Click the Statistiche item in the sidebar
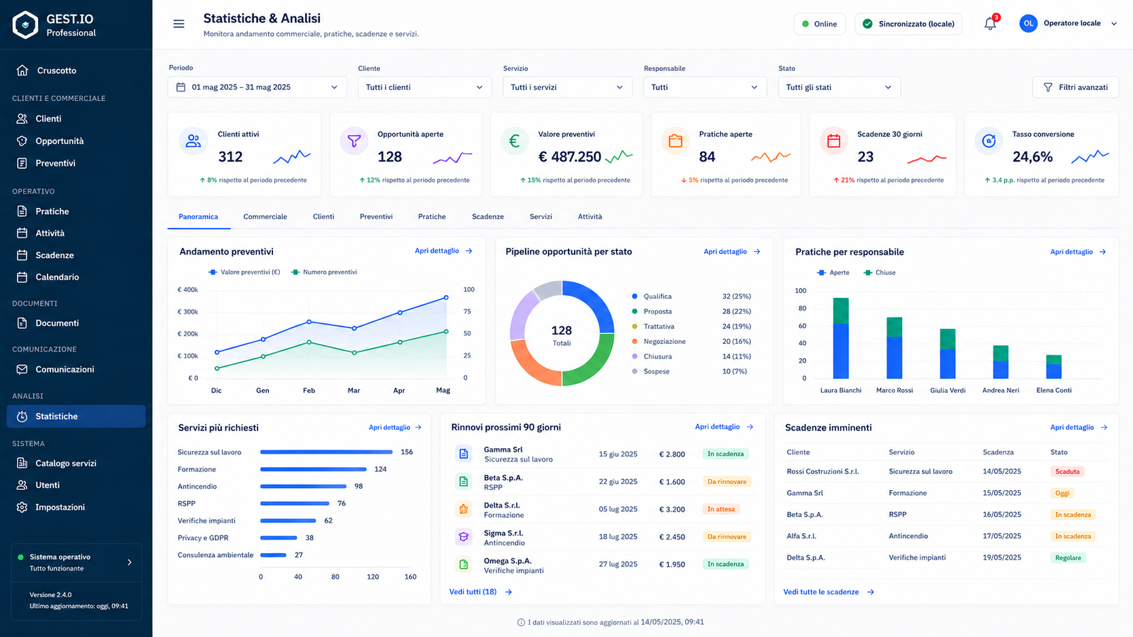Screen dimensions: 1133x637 tap(76, 416)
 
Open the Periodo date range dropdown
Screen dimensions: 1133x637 tap(257, 87)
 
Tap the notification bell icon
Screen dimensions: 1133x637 tap(990, 24)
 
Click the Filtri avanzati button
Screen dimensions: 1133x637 tap(1075, 87)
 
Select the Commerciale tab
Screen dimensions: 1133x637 tap(265, 217)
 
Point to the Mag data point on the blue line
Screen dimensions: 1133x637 tap(446, 298)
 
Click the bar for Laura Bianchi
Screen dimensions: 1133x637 tap(841, 338)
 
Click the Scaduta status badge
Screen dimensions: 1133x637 tap(1067, 471)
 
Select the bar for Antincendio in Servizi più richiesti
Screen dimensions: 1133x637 tap(303, 487)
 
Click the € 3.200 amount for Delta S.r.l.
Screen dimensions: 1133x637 tap(672, 509)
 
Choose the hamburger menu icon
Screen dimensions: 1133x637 tap(178, 24)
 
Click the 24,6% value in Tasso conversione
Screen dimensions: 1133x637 tap(1032, 157)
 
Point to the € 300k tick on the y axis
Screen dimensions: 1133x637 tap(188, 311)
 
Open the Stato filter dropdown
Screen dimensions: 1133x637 tap(839, 87)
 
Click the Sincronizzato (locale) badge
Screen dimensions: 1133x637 tap(909, 24)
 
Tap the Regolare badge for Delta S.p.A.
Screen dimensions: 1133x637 tap(1068, 558)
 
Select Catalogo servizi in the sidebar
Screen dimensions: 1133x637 tap(66, 463)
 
